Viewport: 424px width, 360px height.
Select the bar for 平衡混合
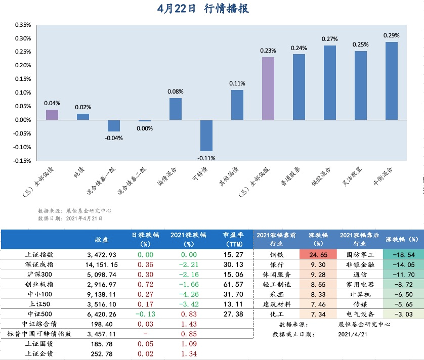(391, 81)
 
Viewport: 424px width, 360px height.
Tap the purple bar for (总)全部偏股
(268, 88)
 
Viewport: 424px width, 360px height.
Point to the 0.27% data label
(329, 39)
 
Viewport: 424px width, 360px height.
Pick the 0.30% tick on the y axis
(23, 38)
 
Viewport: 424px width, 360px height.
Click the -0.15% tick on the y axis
(22, 161)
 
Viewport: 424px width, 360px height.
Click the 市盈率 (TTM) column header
(233, 239)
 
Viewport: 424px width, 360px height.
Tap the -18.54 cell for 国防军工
(403, 255)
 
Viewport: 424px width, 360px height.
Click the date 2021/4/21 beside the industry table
(352, 334)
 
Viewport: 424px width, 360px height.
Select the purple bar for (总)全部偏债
(52, 115)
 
